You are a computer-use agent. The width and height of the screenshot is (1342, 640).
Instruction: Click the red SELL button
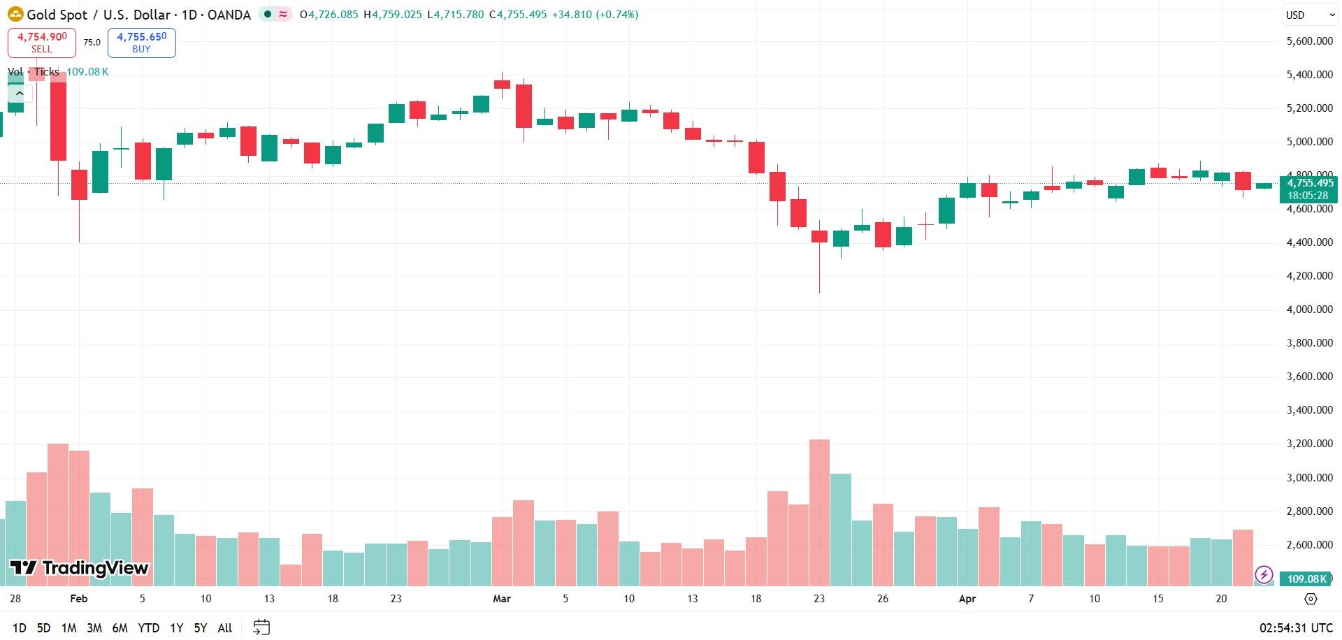[42, 43]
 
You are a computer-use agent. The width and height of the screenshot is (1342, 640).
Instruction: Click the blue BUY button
[141, 43]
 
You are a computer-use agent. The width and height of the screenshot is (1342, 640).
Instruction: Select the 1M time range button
[68, 628]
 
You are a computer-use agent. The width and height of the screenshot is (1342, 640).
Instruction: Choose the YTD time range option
[148, 628]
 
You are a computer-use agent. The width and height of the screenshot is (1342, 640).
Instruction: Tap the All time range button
[225, 628]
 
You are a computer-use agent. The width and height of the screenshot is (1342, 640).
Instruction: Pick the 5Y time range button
[201, 628]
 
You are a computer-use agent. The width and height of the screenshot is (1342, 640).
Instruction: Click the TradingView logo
[79, 568]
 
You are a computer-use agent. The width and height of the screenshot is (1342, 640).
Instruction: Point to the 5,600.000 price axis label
[1310, 41]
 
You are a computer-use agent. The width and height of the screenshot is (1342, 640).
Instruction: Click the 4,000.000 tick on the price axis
[1310, 310]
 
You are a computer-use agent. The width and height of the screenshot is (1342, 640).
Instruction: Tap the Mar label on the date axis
[502, 599]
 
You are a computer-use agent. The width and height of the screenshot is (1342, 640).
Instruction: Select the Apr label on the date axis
[967, 599]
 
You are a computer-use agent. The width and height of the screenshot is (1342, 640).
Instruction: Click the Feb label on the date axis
[79, 599]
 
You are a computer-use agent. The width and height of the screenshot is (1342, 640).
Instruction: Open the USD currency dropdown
[1310, 15]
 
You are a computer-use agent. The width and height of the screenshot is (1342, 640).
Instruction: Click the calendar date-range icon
[261, 627]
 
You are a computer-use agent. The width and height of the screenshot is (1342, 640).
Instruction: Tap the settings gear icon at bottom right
[1311, 599]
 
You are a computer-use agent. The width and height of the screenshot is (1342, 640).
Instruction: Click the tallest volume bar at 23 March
[819, 513]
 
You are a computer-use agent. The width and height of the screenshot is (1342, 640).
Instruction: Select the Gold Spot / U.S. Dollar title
[138, 15]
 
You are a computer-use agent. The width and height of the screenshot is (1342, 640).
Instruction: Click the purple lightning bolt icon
[1264, 575]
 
